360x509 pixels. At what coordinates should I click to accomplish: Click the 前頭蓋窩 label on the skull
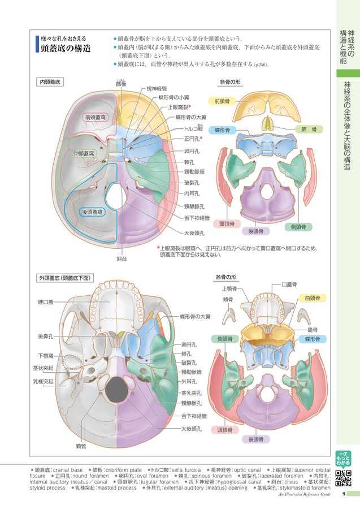tap(96, 117)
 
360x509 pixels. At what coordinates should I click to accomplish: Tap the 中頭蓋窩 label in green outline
tap(84, 153)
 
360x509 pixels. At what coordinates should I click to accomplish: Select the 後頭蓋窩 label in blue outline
tap(92, 212)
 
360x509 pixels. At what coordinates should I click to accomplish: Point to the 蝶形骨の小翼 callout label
tap(174, 97)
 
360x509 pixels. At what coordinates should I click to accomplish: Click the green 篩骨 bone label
tap(309, 129)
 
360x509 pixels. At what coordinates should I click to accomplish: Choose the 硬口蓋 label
tap(46, 302)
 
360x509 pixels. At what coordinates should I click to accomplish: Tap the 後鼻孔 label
tap(46, 337)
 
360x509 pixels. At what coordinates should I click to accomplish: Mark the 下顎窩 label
tap(46, 356)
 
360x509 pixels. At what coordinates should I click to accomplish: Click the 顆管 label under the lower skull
tap(81, 447)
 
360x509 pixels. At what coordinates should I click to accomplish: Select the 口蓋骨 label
tap(289, 284)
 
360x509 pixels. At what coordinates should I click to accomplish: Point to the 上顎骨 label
tap(229, 289)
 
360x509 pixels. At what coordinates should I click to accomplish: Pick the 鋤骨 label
tap(313, 330)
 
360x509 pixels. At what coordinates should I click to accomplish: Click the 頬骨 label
tap(228, 300)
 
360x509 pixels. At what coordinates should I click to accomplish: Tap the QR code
tap(343, 478)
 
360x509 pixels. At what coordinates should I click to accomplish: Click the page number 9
tap(344, 494)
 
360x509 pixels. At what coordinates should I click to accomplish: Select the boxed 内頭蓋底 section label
tap(50, 82)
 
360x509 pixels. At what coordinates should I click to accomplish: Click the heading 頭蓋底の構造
tap(66, 49)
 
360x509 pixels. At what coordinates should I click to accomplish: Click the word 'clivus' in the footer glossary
tap(291, 482)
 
